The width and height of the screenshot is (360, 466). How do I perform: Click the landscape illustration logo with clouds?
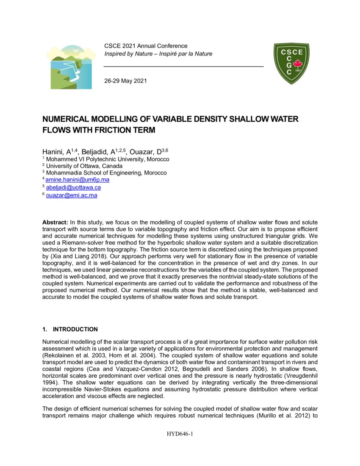pyautogui.click(x=71, y=67)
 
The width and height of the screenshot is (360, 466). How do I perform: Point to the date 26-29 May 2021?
pyautogui.click(x=125, y=81)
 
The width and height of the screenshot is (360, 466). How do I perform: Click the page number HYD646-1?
pyautogui.click(x=180, y=433)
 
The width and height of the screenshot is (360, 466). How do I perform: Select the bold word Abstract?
pyautogui.click(x=55, y=222)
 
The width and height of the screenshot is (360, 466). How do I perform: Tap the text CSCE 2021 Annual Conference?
pyautogui.click(x=146, y=46)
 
